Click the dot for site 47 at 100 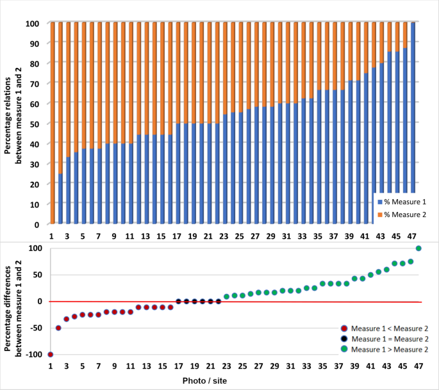coord(418,248)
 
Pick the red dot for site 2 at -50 coord(58,328)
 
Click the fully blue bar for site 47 coord(413,124)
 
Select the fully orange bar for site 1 coord(51,124)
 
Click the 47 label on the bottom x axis coord(418,366)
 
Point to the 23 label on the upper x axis coord(224,236)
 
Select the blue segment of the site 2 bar coord(60,199)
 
